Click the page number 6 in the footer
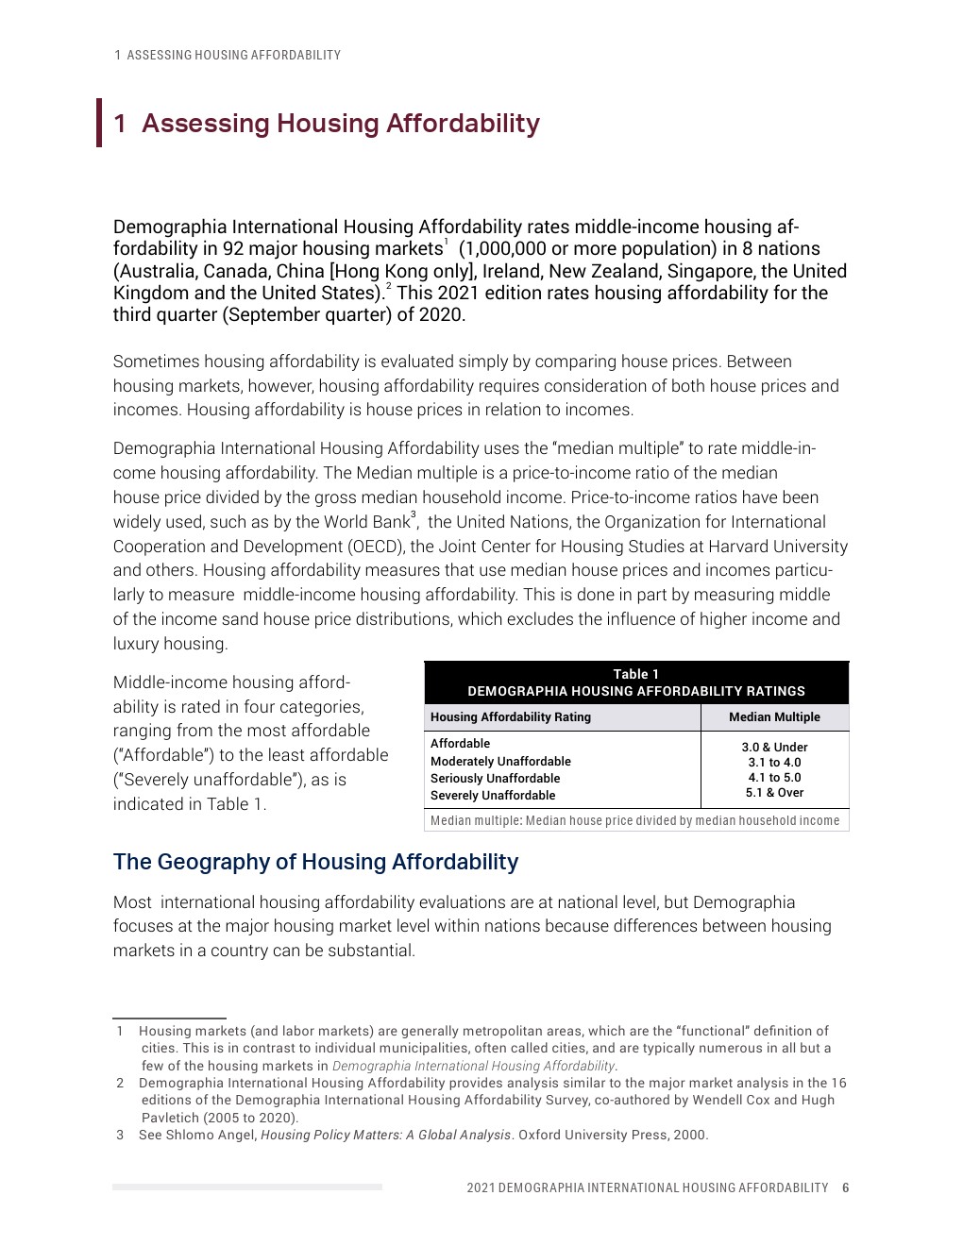coord(846,1187)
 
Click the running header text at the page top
coord(228,56)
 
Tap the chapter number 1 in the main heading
coord(120,124)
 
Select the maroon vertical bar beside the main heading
coord(99,123)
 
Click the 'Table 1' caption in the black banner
coord(636,674)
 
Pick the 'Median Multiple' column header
coord(774,717)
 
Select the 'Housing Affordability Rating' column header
coord(511,717)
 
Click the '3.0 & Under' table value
coord(774,747)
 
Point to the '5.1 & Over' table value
coord(774,793)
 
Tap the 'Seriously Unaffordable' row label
coord(495,779)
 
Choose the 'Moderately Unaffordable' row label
coord(500,762)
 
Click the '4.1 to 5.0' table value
coord(774,778)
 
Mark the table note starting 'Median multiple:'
coord(634,821)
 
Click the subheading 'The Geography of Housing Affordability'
coord(315,862)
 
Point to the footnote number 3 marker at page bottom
coord(120,1135)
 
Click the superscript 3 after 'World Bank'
coord(413,515)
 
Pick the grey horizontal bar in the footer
coord(247,1187)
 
